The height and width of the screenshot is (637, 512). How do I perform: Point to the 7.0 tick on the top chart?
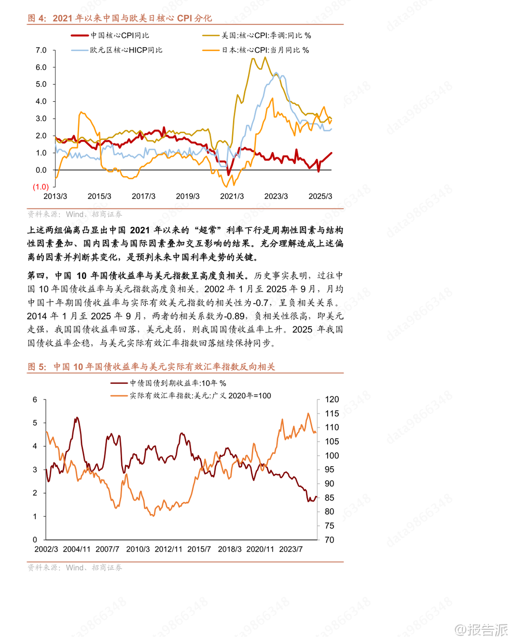click(x=41, y=50)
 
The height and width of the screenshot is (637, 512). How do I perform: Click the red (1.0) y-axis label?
click(x=41, y=187)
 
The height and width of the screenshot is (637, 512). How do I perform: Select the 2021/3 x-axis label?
click(x=232, y=196)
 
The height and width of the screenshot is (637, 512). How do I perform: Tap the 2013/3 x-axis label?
click(x=55, y=196)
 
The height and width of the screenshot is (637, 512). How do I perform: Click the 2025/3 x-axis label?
click(x=320, y=196)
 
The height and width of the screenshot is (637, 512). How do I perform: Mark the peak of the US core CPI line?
click(x=265, y=57)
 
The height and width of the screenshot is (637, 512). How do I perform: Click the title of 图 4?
click(x=120, y=18)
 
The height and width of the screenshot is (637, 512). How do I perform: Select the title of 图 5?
click(x=151, y=367)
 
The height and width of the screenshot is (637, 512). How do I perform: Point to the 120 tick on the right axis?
click(x=332, y=400)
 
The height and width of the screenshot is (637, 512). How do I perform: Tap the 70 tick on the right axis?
click(x=330, y=540)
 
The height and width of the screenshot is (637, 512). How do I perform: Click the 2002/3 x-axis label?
click(x=46, y=549)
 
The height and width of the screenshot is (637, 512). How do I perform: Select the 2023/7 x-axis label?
click(x=291, y=549)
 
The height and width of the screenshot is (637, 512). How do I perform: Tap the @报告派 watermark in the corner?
click(x=481, y=629)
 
